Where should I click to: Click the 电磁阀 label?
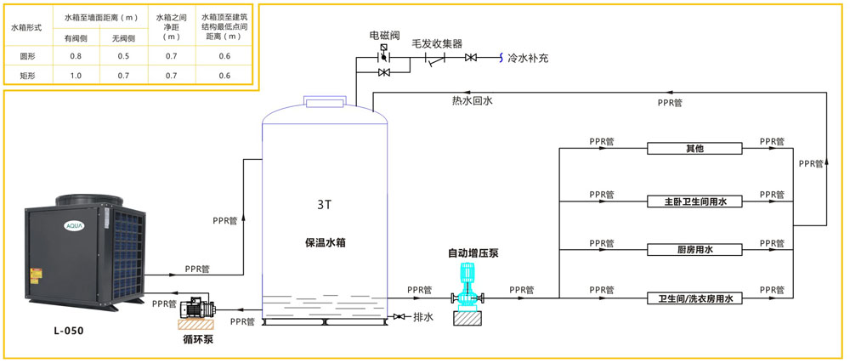click(384, 36)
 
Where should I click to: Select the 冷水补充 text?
click(528, 58)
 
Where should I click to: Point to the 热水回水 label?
click(472, 99)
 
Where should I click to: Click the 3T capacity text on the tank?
click(324, 205)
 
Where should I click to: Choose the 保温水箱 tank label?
click(325, 242)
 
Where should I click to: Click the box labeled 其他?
click(695, 149)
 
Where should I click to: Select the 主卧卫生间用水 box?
click(695, 201)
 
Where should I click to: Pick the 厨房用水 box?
click(695, 250)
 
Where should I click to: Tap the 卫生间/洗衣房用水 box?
click(695, 298)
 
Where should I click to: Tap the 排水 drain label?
click(423, 317)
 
